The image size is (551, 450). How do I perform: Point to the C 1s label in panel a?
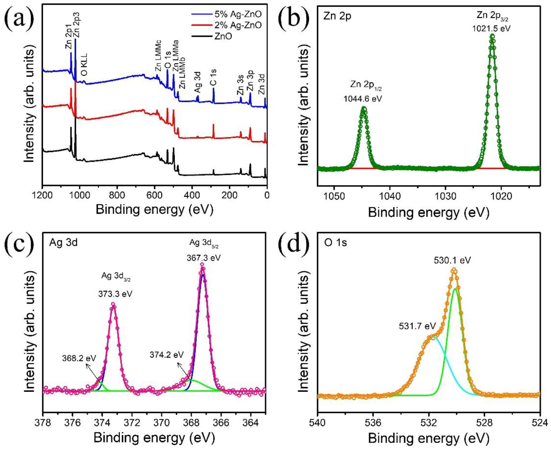213,77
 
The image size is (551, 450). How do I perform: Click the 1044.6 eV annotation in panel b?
363,99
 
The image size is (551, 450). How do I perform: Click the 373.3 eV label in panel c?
115,294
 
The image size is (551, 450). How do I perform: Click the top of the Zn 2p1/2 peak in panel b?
364,108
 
